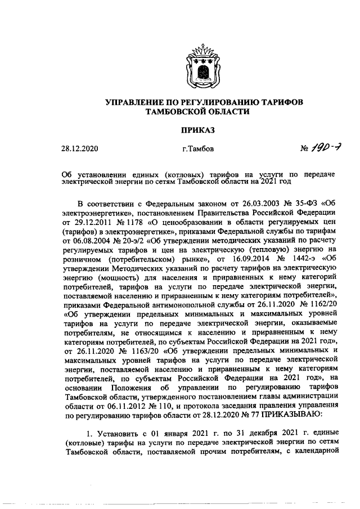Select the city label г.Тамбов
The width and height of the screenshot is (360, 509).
198,150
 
